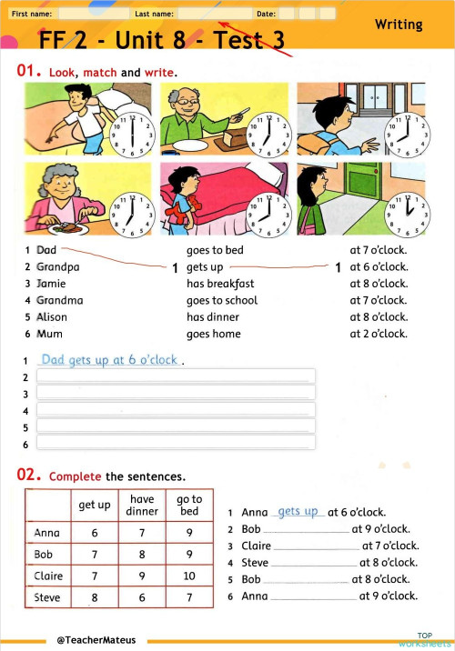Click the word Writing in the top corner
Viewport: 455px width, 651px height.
[x=399, y=25]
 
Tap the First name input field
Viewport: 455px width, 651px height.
[x=94, y=15]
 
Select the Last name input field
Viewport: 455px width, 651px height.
[x=214, y=15]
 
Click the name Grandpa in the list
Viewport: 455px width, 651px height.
[x=57, y=267]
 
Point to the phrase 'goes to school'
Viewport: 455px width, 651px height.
[x=222, y=300]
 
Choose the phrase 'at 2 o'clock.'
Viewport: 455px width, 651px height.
[x=379, y=334]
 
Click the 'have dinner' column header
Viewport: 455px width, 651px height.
[x=142, y=505]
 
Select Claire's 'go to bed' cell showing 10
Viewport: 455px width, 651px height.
[x=189, y=576]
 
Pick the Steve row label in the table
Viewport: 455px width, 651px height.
[x=47, y=598]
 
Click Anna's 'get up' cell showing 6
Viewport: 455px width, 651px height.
[x=95, y=534]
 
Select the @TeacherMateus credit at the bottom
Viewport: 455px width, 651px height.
[x=96, y=640]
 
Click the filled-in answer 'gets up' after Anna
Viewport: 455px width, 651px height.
[x=298, y=512]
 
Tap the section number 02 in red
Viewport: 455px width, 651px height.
[x=29, y=475]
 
